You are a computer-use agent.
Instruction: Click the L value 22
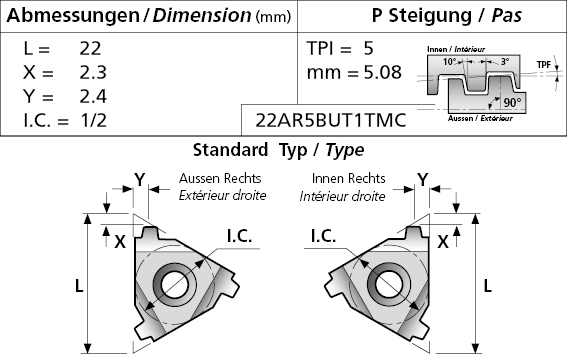pyautogui.click(x=90, y=48)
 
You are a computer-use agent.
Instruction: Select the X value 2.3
pyautogui.click(x=93, y=72)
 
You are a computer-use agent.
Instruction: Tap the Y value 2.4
pyautogui.click(x=93, y=96)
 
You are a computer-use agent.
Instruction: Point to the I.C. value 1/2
pyautogui.click(x=93, y=120)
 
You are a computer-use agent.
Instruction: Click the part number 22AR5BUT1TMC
pyautogui.click(x=331, y=120)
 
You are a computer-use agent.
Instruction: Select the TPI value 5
pyautogui.click(x=368, y=48)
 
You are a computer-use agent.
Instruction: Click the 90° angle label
pyautogui.click(x=512, y=103)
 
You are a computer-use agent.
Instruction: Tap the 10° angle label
pyautogui.click(x=450, y=62)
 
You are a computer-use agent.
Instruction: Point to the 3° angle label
pyautogui.click(x=505, y=62)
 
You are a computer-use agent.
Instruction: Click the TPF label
pyautogui.click(x=543, y=65)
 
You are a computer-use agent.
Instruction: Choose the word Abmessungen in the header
pyautogui.click(x=73, y=16)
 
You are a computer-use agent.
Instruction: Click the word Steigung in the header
pyautogui.click(x=430, y=16)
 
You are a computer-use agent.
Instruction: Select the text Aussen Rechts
pyautogui.click(x=220, y=178)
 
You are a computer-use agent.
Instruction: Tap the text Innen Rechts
pyautogui.click(x=349, y=178)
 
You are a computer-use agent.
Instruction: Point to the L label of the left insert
pyautogui.click(x=79, y=286)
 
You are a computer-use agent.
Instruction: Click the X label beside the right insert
pyautogui.click(x=443, y=241)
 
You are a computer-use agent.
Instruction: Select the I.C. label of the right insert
pyautogui.click(x=323, y=236)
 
